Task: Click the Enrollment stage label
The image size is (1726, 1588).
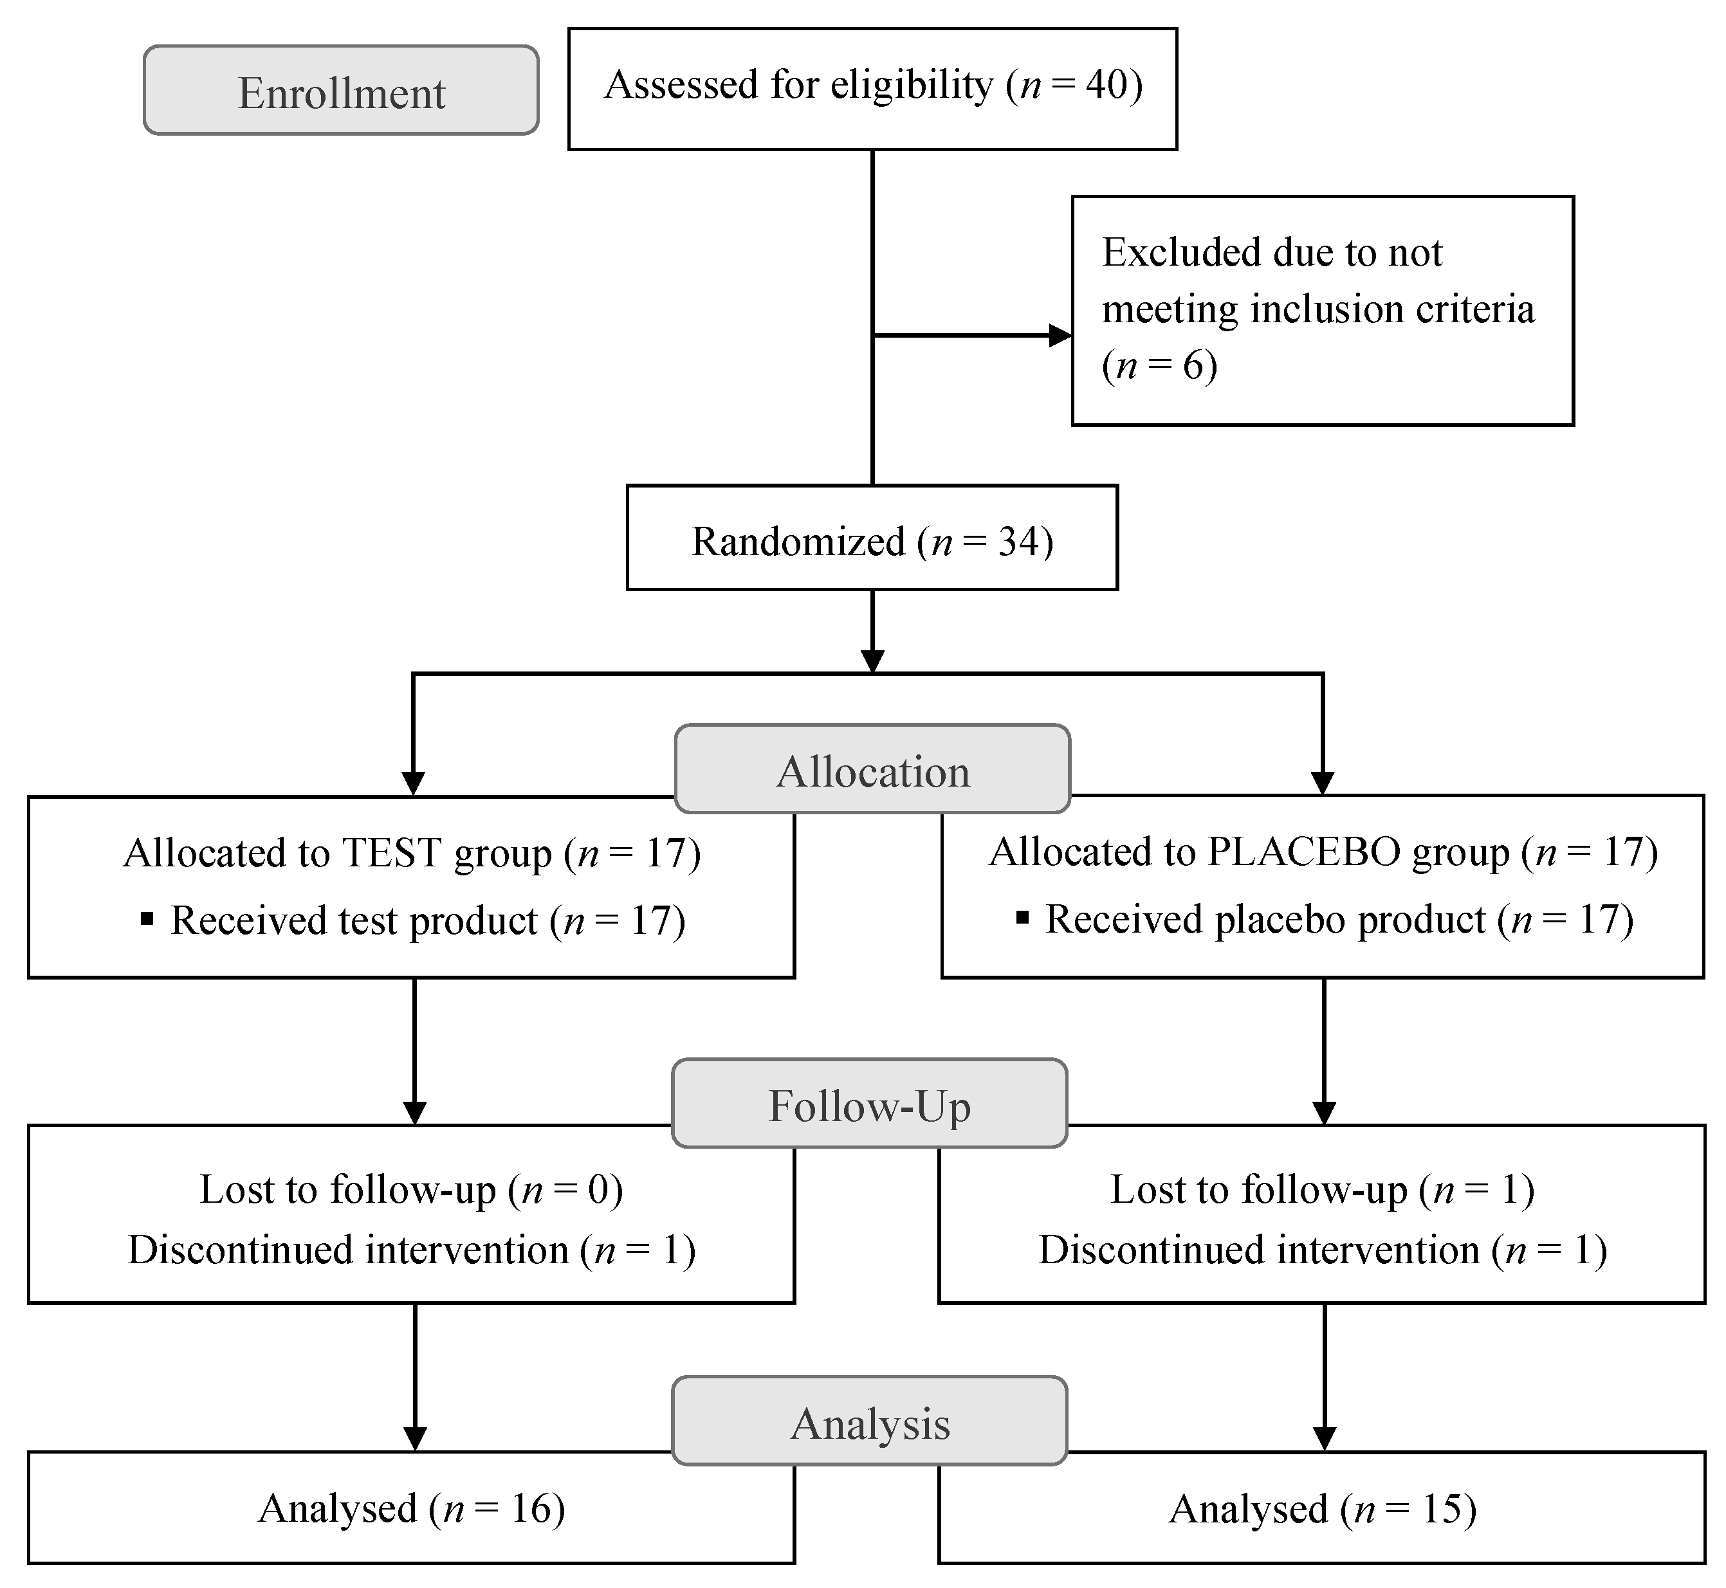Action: [x=341, y=92]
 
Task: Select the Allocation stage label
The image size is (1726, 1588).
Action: [x=872, y=771]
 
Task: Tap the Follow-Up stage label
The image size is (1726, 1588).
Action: [x=869, y=1105]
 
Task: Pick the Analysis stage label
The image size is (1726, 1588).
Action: [x=870, y=1424]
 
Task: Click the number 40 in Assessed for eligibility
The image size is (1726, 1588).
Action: [x=1106, y=84]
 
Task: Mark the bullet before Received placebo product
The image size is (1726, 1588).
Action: [x=1022, y=918]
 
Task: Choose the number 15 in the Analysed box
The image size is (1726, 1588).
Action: [x=1442, y=1509]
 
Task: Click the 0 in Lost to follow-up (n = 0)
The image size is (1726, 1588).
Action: [x=598, y=1189]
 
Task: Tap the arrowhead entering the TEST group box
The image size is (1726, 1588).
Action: [x=414, y=783]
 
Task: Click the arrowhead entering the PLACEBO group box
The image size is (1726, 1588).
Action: [x=1322, y=783]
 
